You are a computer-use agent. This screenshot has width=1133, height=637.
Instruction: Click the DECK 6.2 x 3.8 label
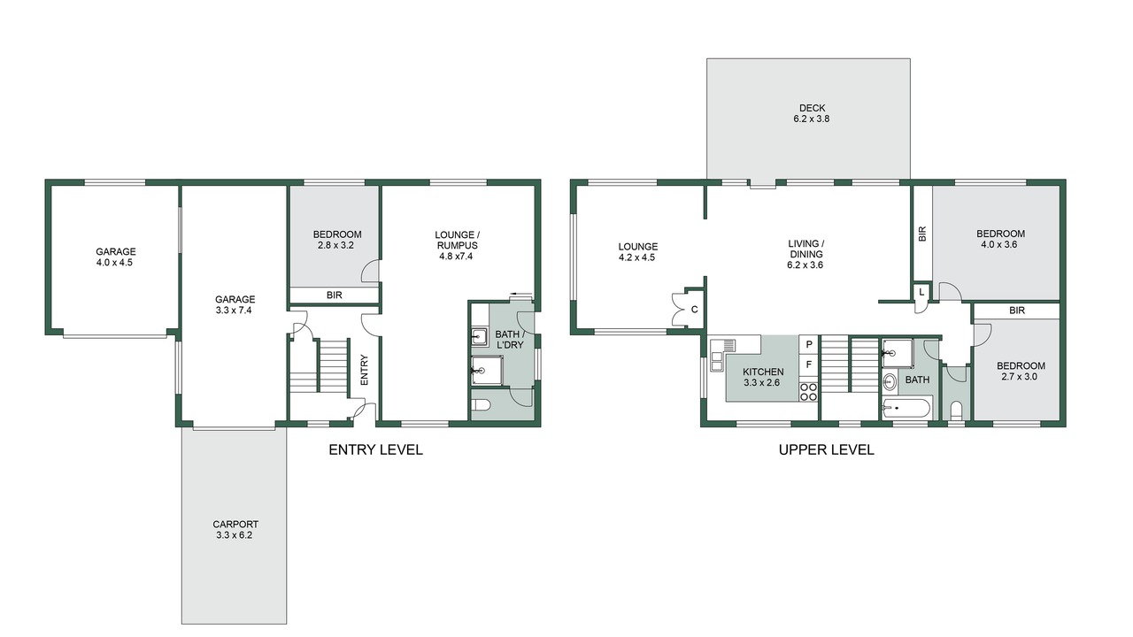[812, 113]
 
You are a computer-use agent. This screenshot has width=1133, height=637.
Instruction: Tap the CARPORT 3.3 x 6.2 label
[235, 530]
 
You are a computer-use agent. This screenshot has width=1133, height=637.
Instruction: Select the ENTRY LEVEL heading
[376, 449]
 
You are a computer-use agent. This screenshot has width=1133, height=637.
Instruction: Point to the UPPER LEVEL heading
[827, 449]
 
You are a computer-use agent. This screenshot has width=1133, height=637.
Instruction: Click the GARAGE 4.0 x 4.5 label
[116, 257]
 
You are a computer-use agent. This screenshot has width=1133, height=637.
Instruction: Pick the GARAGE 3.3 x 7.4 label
[235, 304]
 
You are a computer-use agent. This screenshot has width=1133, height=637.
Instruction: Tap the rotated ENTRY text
[364, 370]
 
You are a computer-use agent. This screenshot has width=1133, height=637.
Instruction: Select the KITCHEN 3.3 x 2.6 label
[763, 377]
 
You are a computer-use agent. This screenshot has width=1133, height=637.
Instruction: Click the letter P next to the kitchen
[809, 345]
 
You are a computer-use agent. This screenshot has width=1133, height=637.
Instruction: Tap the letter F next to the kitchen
[809, 364]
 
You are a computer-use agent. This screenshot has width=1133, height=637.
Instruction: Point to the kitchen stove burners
[808, 392]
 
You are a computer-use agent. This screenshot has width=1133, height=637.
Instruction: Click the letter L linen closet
[921, 292]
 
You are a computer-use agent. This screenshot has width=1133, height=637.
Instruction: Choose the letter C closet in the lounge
[695, 310]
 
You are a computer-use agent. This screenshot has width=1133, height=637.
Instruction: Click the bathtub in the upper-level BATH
[906, 408]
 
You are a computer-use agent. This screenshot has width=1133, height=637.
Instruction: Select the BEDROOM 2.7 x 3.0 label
[1021, 371]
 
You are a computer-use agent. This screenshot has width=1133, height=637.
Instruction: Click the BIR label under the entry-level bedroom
[335, 295]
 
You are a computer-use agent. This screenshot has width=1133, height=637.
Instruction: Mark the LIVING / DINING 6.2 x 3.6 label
[805, 254]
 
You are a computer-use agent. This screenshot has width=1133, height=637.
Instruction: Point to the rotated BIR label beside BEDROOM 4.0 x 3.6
[922, 234]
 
